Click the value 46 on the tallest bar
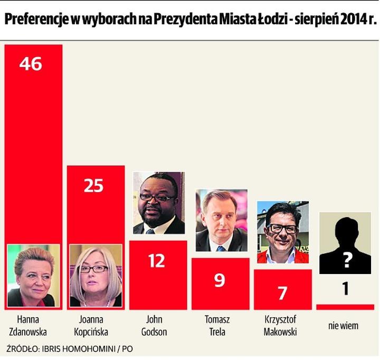pyautogui.click(x=31, y=64)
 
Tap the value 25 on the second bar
pyautogui.click(x=93, y=186)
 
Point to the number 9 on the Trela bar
pyautogui.click(x=220, y=280)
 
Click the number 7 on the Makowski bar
pyautogui.click(x=282, y=293)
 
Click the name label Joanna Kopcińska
pyautogui.click(x=94, y=325)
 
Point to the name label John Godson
pyautogui.click(x=157, y=325)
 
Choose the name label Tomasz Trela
pyautogui.click(x=220, y=325)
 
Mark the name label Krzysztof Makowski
pyautogui.click(x=282, y=325)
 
